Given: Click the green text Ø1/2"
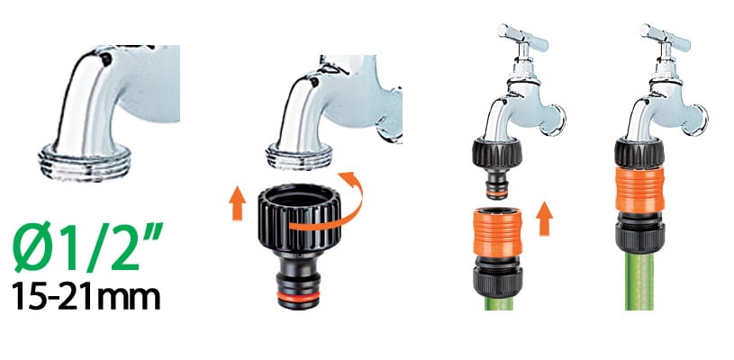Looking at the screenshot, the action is (x=88, y=247).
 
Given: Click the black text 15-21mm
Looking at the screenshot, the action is (x=86, y=295).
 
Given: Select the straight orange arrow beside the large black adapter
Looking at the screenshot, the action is (x=238, y=202).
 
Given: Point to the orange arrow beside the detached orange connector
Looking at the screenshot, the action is (x=543, y=219).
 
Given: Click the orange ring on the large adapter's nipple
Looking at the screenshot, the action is (x=298, y=296).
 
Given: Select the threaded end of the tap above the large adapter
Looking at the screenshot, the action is (x=299, y=157).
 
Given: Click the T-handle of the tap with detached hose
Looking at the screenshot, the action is (x=522, y=38).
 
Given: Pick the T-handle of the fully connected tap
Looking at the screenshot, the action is (x=665, y=38).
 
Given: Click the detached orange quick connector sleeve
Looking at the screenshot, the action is (x=497, y=232).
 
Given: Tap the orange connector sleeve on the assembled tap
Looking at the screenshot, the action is (x=639, y=189).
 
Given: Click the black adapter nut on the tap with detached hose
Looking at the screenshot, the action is (x=497, y=153).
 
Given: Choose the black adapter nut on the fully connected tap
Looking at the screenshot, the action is (x=639, y=153).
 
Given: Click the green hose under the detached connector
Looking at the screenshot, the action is (x=497, y=304).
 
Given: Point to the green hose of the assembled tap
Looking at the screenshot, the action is (x=639, y=282).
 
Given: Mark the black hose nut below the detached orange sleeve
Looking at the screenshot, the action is (x=497, y=278).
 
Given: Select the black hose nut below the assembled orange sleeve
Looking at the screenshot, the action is (x=639, y=233).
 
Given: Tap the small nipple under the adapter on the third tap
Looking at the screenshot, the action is (x=497, y=184).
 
